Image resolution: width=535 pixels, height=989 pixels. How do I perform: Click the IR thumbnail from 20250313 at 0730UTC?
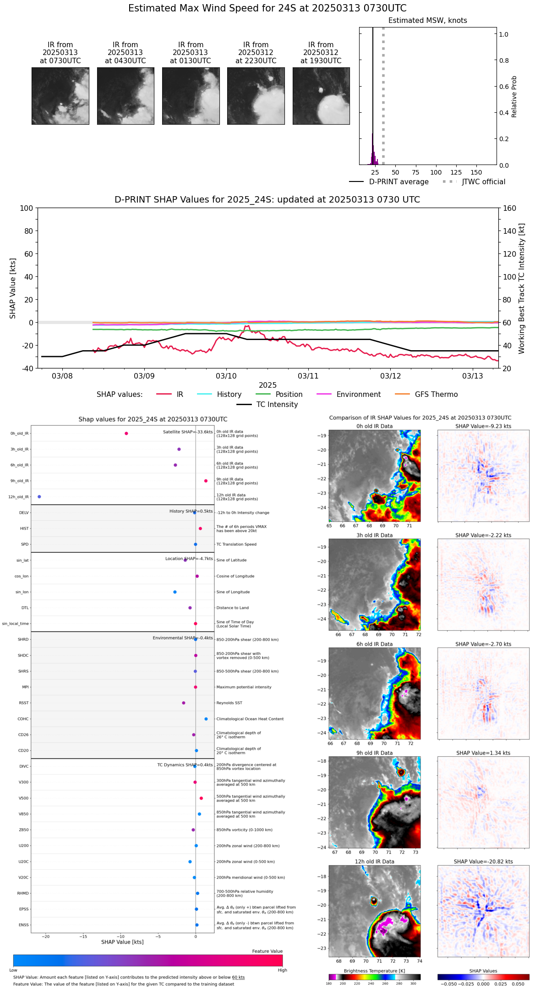point(60,96)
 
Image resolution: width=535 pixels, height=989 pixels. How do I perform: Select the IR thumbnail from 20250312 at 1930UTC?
point(321,96)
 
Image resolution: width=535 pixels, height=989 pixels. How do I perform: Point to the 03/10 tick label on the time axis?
point(226,376)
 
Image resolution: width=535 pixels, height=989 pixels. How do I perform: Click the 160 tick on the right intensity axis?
point(509,209)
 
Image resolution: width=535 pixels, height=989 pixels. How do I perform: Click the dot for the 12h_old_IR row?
point(39,497)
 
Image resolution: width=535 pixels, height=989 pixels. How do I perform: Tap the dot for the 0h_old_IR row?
point(126,434)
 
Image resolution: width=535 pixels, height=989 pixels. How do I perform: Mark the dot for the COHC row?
point(206,719)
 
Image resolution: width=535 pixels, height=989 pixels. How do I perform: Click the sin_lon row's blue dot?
point(175,592)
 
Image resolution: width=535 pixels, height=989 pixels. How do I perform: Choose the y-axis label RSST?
point(24,703)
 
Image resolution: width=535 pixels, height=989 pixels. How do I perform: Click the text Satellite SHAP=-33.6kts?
point(188,432)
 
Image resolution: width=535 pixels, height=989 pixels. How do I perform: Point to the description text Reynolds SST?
point(229,703)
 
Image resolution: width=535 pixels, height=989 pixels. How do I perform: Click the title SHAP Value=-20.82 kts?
point(483,862)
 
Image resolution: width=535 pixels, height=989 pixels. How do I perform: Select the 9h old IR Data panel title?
point(374,753)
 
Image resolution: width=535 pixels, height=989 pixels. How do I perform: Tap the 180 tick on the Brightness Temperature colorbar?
point(329,984)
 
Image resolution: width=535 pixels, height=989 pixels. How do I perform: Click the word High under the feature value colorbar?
point(282,970)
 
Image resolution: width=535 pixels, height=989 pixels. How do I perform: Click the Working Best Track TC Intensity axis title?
point(522,289)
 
